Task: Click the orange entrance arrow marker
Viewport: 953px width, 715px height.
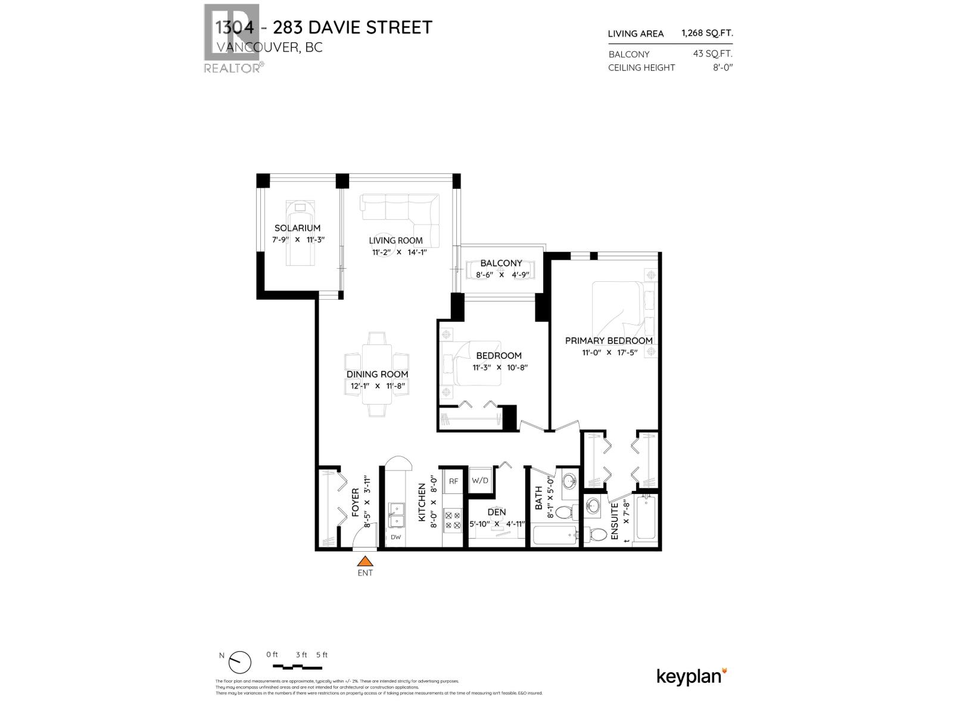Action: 365,561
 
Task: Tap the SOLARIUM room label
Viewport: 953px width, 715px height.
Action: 297,228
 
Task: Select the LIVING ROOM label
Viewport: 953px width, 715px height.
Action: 395,241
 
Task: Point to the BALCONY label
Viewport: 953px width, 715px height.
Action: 501,263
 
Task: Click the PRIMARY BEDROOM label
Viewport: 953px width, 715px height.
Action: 609,341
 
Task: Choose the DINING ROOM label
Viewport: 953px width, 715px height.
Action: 378,375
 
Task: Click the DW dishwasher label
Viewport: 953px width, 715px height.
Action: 395,537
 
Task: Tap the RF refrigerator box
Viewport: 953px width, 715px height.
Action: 454,481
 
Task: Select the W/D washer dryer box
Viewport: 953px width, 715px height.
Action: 479,481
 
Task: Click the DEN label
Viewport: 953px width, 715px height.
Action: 496,512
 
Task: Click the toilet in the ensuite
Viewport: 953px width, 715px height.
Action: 594,533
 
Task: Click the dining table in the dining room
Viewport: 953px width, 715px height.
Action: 378,374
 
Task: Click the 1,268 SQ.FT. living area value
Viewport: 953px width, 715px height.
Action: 707,33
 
